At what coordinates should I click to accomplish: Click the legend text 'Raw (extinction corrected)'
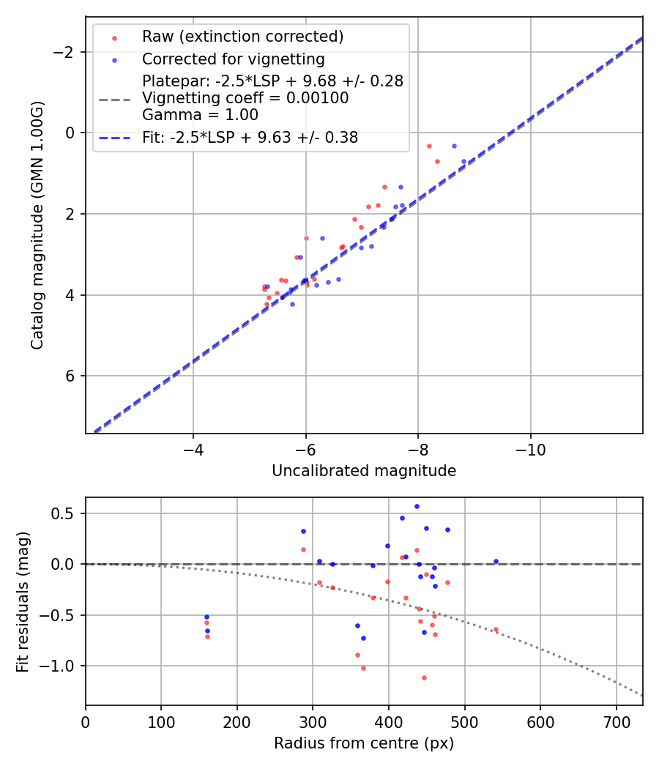pos(242,37)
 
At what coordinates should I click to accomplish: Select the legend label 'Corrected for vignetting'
pos(233,59)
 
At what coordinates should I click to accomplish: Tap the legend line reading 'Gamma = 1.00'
pos(200,114)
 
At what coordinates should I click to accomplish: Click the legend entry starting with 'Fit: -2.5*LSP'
pos(250,137)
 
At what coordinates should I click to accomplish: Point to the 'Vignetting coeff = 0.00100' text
pos(245,97)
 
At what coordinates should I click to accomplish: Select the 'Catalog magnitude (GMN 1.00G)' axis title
pos(37,225)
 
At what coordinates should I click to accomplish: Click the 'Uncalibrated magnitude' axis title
pos(364,471)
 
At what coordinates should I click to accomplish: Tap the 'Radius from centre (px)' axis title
pos(364,743)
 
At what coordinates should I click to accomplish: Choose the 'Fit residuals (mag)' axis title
pos(23,601)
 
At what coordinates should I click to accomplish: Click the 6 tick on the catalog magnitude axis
pos(73,376)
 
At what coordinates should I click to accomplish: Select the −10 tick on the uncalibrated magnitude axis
pos(530,448)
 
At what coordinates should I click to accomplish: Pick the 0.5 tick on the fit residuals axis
pos(68,513)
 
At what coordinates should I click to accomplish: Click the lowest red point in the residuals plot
pos(424,677)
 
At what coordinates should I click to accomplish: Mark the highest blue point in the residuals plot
pos(417,506)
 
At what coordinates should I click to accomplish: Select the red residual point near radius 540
pos(496,629)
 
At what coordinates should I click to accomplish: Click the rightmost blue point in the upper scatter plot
pos(463,161)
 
